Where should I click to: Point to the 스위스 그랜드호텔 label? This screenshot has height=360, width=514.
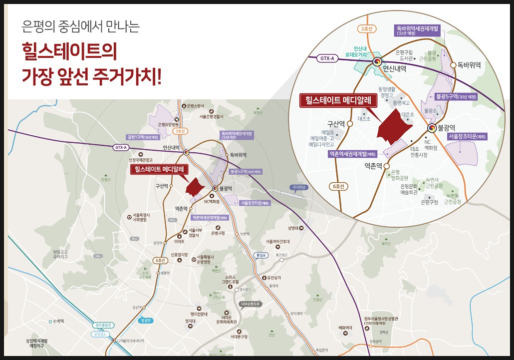(x=230, y=279)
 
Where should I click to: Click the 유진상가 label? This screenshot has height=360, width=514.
(x=275, y=278)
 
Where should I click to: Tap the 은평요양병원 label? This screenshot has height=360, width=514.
(x=168, y=124)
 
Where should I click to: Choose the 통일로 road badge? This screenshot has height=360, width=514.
(x=259, y=254)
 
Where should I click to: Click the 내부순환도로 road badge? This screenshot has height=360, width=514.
(x=250, y=304)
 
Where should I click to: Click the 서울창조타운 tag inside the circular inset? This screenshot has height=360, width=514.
(x=467, y=136)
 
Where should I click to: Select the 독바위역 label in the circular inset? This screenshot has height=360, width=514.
(x=468, y=65)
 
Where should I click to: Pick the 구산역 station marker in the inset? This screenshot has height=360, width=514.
(x=349, y=123)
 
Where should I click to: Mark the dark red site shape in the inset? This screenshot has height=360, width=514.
(x=394, y=125)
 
